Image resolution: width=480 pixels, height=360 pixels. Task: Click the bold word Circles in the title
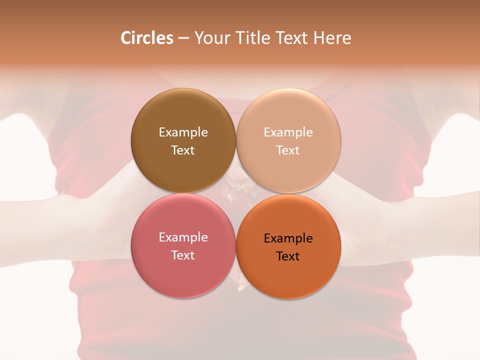pyautogui.click(x=146, y=38)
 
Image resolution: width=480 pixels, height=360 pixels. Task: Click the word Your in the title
pyautogui.click(x=211, y=38)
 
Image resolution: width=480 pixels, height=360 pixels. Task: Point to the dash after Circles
pyautogui.click(x=183, y=38)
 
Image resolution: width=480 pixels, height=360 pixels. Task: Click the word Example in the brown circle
pyautogui.click(x=183, y=132)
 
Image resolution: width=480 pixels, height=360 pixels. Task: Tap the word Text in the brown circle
pyautogui.click(x=183, y=150)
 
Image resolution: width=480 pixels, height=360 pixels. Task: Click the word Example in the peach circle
pyautogui.click(x=288, y=132)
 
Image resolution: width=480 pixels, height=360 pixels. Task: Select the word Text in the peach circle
pyautogui.click(x=288, y=150)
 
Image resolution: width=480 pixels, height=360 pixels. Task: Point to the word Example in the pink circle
pyautogui.click(x=183, y=237)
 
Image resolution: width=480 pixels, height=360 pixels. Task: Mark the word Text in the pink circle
pyautogui.click(x=183, y=255)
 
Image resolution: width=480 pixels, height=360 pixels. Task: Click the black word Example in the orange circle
pyautogui.click(x=288, y=238)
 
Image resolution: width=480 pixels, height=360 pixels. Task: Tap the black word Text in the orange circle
pyautogui.click(x=288, y=256)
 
